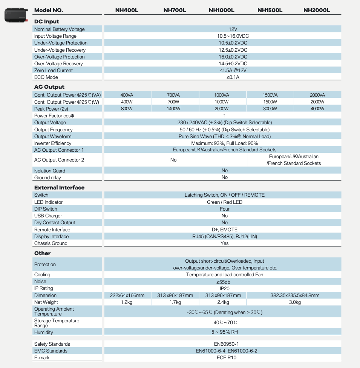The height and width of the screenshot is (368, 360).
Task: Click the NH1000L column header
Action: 222,10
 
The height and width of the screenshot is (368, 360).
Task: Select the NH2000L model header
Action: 317,10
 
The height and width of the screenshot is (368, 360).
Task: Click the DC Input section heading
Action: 47,22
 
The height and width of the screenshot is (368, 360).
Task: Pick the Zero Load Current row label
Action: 54,71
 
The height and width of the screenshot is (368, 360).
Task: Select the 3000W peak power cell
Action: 270,109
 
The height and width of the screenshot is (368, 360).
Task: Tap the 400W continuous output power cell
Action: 127,102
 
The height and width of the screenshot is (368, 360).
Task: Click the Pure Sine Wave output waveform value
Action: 225,136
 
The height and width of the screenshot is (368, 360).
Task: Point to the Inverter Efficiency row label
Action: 53,143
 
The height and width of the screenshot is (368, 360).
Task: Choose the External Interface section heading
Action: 59,188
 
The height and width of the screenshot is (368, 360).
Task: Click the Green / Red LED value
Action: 225,202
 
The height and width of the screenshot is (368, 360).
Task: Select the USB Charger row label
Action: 48,216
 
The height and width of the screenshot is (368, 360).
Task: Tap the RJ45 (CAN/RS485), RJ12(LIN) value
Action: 225,237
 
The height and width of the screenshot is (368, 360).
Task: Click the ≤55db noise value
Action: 225,282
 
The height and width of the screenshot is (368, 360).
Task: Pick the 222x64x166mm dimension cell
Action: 127,296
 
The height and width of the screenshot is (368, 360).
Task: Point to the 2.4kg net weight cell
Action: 222,302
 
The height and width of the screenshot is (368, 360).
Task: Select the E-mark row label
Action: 42,358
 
